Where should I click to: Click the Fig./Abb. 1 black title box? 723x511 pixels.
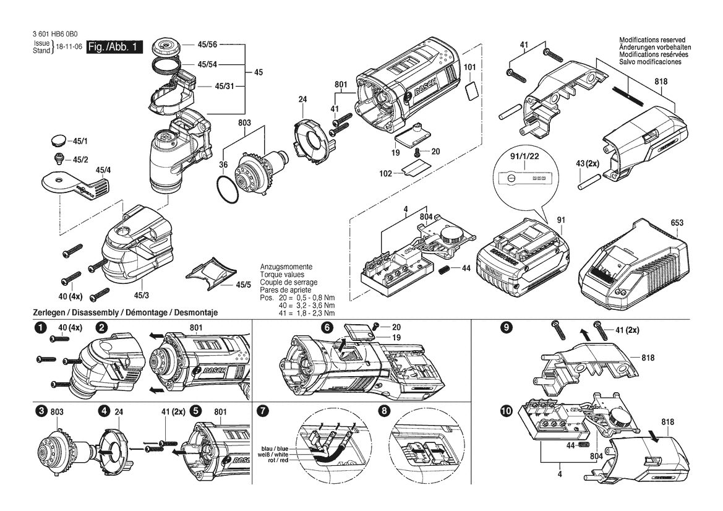click(x=114, y=47)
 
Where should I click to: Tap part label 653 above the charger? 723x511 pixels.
click(x=677, y=223)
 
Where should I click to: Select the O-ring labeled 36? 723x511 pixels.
click(x=228, y=189)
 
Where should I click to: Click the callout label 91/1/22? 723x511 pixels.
click(x=524, y=157)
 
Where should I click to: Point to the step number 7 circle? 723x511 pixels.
click(x=263, y=411)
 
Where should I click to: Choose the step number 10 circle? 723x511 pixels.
click(x=507, y=411)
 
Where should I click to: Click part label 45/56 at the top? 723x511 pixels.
click(x=207, y=45)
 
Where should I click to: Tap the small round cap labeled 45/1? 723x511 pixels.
click(x=59, y=140)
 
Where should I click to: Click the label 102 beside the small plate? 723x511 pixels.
click(x=385, y=173)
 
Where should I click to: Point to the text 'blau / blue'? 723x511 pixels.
click(x=275, y=449)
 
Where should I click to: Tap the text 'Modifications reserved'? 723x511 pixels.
click(x=652, y=40)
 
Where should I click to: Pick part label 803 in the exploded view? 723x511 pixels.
click(x=244, y=122)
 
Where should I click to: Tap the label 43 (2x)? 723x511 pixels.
click(x=588, y=163)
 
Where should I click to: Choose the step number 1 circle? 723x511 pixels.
click(x=41, y=328)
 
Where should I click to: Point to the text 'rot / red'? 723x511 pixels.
click(x=278, y=460)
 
